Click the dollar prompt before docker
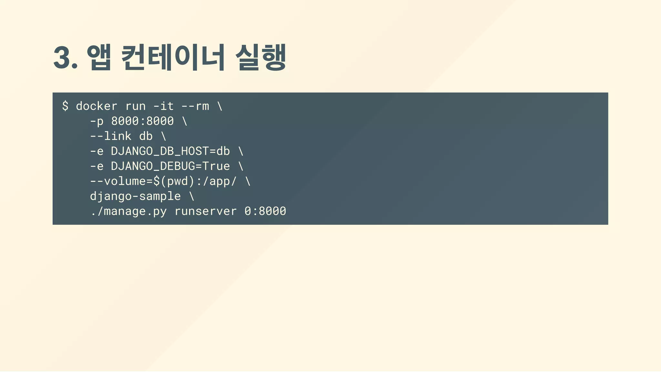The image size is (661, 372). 65,106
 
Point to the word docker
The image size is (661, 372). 97,106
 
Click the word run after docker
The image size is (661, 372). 136,106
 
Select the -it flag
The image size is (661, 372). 164,106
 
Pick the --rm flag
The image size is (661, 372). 195,106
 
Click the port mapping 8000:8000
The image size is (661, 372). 142,121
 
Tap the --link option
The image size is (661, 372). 111,136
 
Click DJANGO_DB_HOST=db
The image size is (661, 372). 170,151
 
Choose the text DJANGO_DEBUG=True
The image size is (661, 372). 170,166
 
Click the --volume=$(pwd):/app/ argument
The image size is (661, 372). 163,181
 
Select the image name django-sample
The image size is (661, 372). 135,196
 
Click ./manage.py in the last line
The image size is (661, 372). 128,211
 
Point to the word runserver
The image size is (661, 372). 206,211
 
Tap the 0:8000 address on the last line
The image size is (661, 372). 265,211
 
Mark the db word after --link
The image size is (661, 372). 146,136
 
